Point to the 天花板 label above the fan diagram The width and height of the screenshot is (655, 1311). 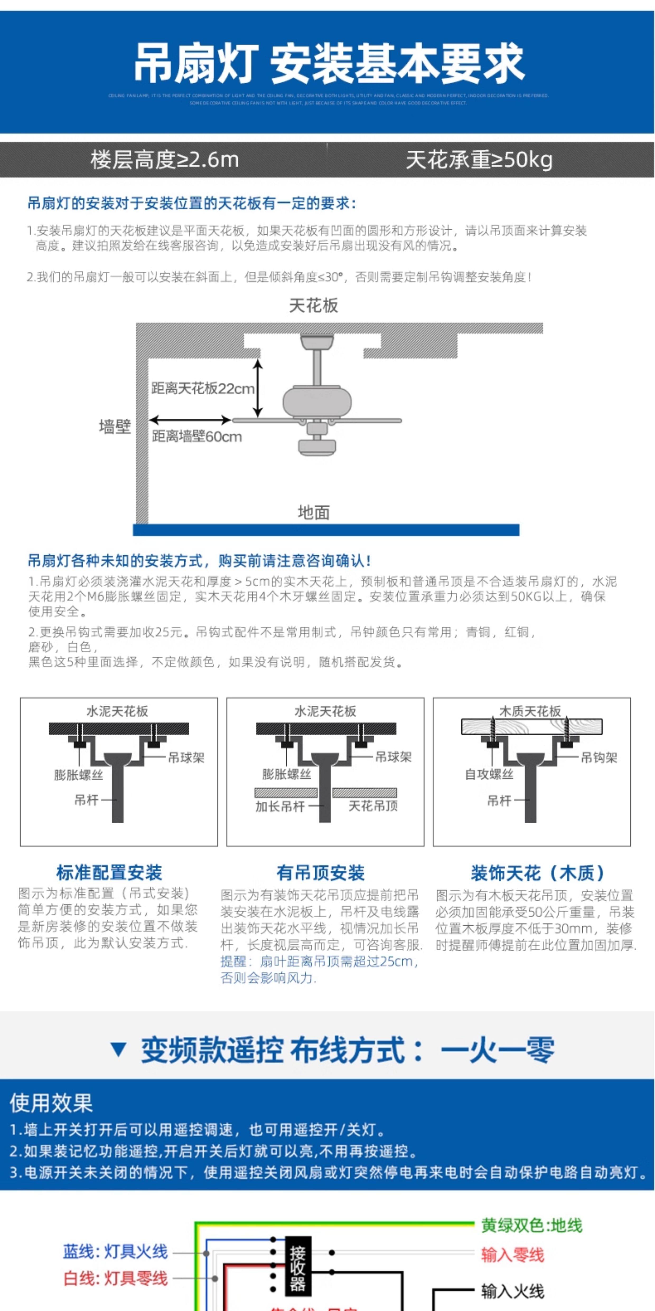(313, 305)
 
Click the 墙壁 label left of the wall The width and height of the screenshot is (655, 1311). (115, 427)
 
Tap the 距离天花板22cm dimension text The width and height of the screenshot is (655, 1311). (202, 389)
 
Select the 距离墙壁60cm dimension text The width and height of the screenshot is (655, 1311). (197, 437)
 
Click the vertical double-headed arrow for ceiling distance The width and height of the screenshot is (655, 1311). (258, 388)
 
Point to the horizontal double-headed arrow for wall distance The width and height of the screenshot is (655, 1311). (190, 420)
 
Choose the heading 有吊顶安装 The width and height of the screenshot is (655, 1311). (320, 873)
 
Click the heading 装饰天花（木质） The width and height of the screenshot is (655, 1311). (537, 873)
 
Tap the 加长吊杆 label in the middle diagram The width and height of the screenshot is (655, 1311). (280, 806)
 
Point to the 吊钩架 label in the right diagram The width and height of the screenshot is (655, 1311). (599, 757)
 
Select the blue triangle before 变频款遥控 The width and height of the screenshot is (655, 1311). (119, 1049)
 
